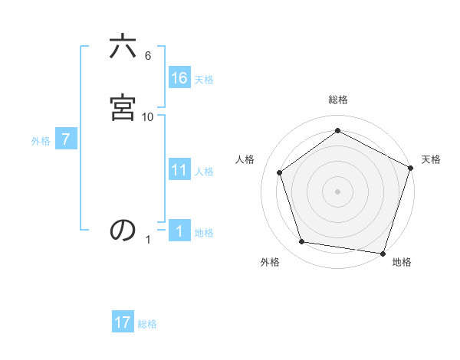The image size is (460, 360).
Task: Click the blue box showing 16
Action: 179,77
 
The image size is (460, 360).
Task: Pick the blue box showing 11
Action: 179,170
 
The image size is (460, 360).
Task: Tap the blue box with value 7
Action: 67,139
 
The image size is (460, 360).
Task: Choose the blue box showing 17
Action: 123,322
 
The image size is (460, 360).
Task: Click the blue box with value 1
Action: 179,231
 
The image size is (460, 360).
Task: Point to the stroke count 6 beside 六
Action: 147,56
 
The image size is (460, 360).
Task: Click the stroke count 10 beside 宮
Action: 148,117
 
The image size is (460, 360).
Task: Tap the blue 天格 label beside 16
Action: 204,79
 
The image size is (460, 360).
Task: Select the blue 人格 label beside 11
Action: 204,172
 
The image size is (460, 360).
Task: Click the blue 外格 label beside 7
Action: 41,141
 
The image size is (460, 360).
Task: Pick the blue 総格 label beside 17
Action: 147,324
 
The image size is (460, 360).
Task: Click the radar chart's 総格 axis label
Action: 337,100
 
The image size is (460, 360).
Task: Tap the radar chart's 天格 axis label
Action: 431,159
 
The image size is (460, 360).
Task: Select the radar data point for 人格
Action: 280,172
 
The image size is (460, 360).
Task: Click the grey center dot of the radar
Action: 337,191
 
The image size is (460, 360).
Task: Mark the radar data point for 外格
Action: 303,242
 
